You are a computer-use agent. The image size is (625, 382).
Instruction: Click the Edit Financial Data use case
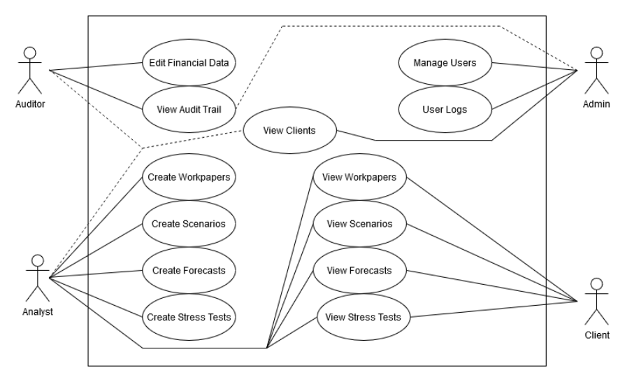[x=188, y=62]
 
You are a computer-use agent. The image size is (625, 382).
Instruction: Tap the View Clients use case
[x=289, y=130]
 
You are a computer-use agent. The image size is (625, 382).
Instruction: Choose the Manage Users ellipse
[x=445, y=62]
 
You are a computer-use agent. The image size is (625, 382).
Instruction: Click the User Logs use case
[x=445, y=109]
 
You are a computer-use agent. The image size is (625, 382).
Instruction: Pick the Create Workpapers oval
[x=188, y=177]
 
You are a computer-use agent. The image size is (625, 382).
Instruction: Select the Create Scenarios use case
[x=188, y=224]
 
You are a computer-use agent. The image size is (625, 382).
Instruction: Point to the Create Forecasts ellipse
[x=188, y=270]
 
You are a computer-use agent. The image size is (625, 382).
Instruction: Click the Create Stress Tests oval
[x=188, y=317]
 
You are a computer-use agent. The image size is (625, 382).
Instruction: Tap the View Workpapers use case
[x=359, y=177]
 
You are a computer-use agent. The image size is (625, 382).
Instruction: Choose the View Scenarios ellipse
[x=359, y=224]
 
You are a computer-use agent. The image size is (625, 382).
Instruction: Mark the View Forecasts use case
[x=359, y=270]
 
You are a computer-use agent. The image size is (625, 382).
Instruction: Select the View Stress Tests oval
[x=359, y=317]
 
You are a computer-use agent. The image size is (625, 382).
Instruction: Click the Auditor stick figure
[x=30, y=69]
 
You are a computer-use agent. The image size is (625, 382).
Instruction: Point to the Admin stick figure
[x=596, y=70]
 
